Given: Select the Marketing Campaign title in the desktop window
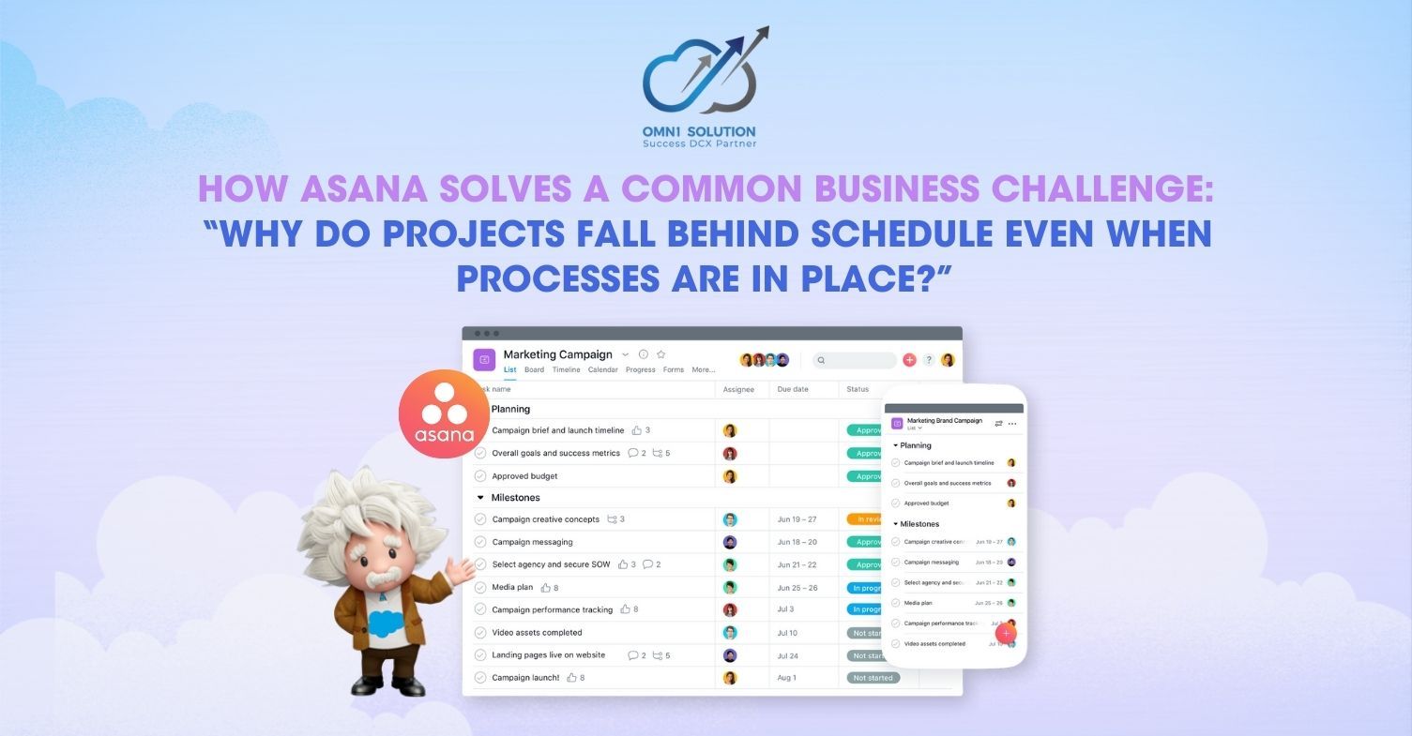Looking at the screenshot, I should (x=557, y=354).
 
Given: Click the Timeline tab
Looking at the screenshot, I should (x=566, y=369).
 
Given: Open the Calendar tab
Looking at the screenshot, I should (x=602, y=369).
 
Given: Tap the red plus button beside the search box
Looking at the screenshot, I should (x=909, y=360).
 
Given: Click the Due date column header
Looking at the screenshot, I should (x=793, y=389).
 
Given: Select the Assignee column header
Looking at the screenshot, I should (x=738, y=389).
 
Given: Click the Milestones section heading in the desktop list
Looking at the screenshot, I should (x=515, y=498).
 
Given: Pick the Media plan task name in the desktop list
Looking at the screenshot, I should (x=512, y=588).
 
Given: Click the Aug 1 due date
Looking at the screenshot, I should (x=786, y=678).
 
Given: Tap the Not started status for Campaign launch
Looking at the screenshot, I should (x=873, y=678).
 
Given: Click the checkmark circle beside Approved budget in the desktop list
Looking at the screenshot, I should (x=480, y=476).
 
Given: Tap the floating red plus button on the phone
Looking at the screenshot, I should (x=1006, y=634).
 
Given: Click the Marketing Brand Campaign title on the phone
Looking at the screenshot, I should (x=944, y=421).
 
